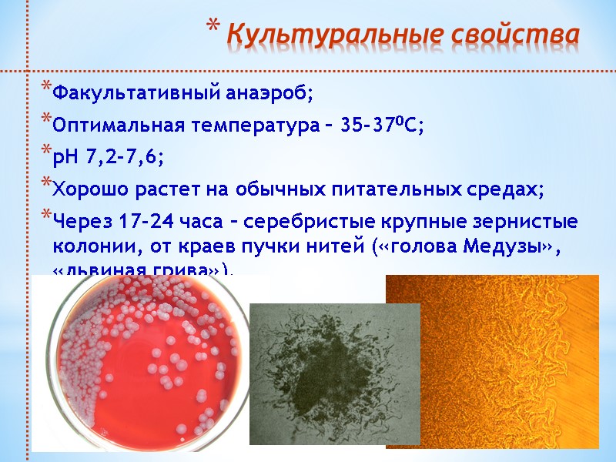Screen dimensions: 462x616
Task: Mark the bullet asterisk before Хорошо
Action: (x=45, y=184)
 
